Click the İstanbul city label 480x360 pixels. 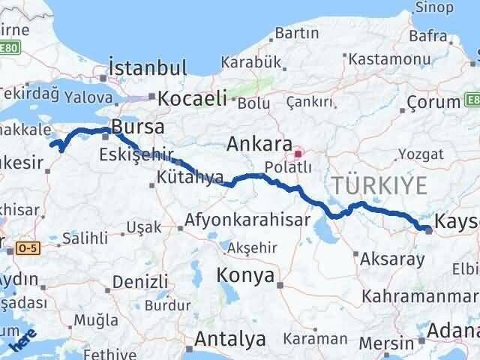coord(147,68)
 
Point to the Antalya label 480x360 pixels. coord(229,339)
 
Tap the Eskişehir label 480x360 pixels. coord(132,155)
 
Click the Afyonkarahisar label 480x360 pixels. coord(247,220)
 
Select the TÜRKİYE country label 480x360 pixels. coord(380,184)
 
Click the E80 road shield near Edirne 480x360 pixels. coord(10,48)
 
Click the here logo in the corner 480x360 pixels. coord(22,340)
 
